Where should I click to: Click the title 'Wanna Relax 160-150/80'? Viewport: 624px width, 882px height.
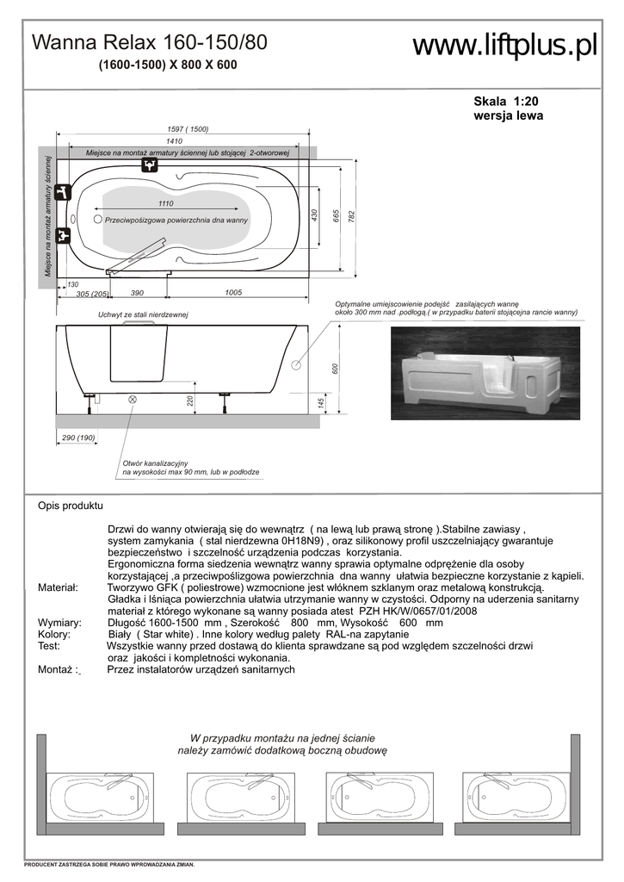coord(149,43)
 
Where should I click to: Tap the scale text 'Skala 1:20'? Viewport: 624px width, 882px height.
coord(507,101)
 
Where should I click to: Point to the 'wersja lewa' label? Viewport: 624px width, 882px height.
coord(509,116)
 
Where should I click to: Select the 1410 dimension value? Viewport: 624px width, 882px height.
coord(174,141)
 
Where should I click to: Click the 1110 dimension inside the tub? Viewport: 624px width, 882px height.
coord(166,203)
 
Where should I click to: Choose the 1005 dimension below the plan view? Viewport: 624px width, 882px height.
coord(232,293)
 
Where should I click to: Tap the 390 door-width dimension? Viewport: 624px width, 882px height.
coord(137,293)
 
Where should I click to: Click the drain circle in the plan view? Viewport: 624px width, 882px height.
coord(98,220)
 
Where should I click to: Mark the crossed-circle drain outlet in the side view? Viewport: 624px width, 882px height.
coord(133,399)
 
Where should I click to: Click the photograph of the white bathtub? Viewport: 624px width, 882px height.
coord(485,373)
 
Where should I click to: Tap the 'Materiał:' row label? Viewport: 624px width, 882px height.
coord(59,587)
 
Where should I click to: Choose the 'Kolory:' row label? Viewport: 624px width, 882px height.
coord(54,633)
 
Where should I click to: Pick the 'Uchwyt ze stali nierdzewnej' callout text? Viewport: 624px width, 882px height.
coord(143,316)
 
